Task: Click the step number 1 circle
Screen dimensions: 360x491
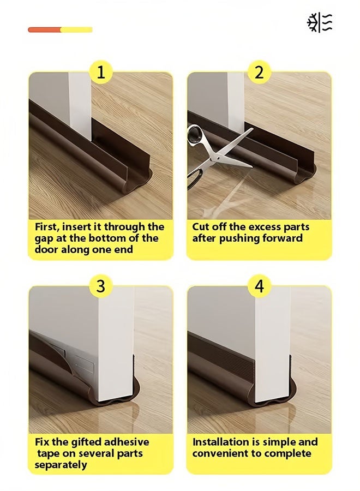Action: (x=101, y=73)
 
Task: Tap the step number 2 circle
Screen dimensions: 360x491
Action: (x=259, y=73)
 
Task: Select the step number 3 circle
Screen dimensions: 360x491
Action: (x=101, y=286)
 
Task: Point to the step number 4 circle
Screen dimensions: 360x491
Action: (x=259, y=286)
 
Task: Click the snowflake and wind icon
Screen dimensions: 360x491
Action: (x=320, y=22)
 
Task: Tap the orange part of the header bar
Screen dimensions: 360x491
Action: (x=44, y=30)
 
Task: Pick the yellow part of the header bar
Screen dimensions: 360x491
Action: (x=76, y=30)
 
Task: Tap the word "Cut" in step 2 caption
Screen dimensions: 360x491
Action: (x=200, y=227)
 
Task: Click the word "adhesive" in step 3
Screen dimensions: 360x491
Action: (x=126, y=442)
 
